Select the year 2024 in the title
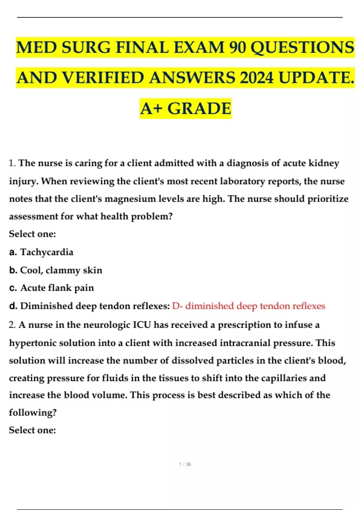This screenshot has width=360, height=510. (257, 78)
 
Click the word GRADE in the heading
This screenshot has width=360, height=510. (199, 108)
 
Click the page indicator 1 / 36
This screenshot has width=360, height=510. (185, 464)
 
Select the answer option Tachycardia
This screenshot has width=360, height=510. (46, 252)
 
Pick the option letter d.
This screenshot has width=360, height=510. (13, 306)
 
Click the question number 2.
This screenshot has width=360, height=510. (12, 325)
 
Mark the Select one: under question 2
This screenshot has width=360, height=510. (32, 430)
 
